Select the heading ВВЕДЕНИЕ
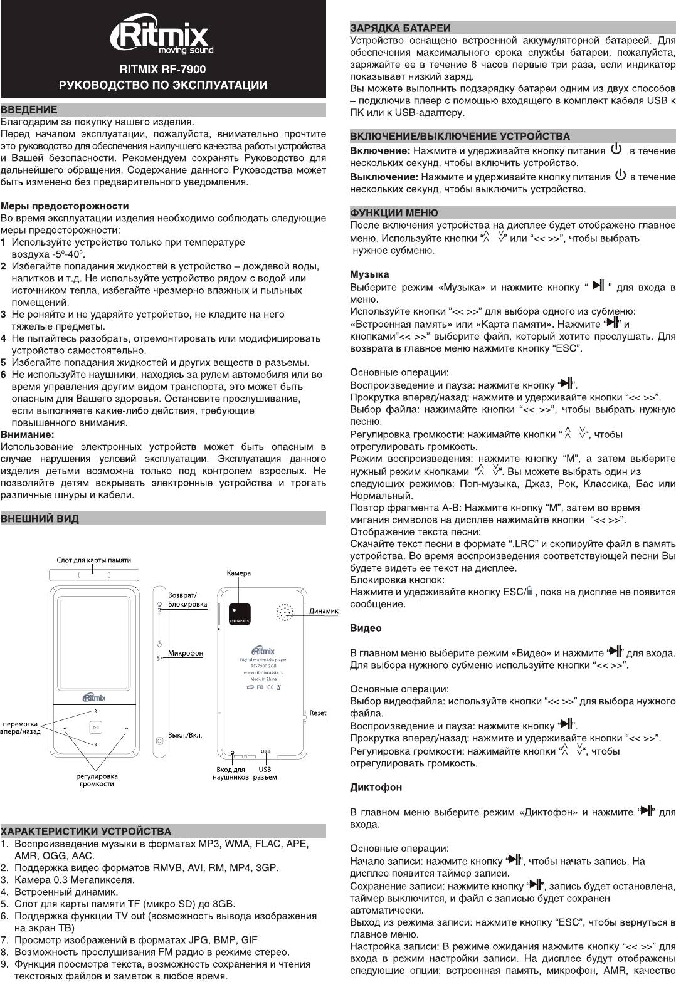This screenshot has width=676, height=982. coord(29,110)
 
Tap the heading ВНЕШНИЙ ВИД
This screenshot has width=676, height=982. coord(40,519)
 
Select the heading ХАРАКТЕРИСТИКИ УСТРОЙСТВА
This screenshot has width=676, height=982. coord(86,832)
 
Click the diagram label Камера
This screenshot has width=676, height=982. coord(238,573)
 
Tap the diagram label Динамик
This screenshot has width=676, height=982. coord(324,611)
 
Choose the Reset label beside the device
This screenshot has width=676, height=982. coord(318,713)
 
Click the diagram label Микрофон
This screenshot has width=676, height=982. coord(186,653)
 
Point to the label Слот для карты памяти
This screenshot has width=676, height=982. coord(94,560)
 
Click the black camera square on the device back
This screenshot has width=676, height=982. coord(240,612)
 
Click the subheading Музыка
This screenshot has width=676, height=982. coord(369,274)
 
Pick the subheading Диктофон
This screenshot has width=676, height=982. coord(376,787)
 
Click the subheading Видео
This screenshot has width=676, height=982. coord(365,628)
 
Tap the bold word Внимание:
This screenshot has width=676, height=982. coord(27,434)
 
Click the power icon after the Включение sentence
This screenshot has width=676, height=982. coord(616,150)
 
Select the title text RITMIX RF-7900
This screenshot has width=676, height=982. coord(163,69)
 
